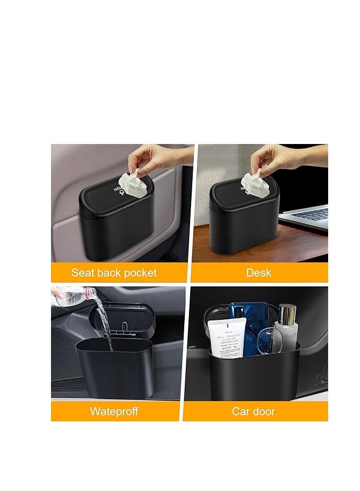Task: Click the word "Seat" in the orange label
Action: pos(83,273)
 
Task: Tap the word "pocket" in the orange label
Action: pos(139,273)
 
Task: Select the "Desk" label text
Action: pos(259,273)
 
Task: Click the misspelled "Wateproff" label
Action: pos(114,411)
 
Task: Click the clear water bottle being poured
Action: pos(74,295)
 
